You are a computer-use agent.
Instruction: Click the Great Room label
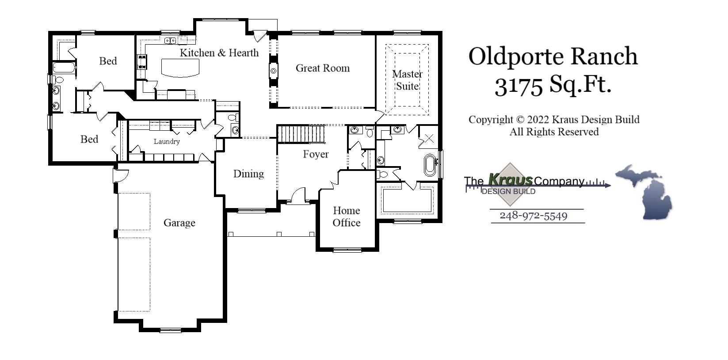(x=322, y=68)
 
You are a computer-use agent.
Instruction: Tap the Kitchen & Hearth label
(x=219, y=53)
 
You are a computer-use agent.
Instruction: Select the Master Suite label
(x=407, y=80)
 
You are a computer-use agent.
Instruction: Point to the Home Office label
(x=346, y=216)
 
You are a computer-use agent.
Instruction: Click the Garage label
(x=179, y=223)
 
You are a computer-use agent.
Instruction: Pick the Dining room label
(x=248, y=174)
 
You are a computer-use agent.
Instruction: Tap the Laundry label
(x=167, y=141)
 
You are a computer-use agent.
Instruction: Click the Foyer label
(x=316, y=154)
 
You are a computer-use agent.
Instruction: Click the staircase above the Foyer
(x=301, y=134)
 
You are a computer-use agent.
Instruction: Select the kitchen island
(x=180, y=68)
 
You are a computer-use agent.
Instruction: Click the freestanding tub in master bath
(x=429, y=165)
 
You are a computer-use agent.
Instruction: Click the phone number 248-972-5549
(x=533, y=216)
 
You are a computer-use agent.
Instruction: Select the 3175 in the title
(x=518, y=85)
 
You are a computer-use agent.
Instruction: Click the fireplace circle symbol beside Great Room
(x=274, y=71)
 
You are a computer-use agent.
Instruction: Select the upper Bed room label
(x=108, y=61)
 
